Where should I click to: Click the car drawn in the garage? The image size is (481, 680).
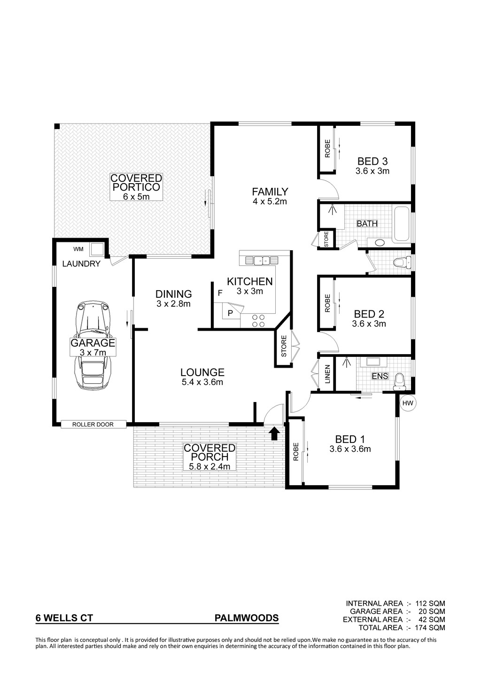93,346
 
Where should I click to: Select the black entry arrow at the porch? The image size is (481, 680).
274,434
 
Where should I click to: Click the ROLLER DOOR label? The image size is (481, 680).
93,425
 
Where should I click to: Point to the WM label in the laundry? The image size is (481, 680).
78,249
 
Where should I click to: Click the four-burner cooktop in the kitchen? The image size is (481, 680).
258,321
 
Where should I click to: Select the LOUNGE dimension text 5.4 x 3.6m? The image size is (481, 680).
202,382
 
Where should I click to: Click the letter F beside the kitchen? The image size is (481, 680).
220,293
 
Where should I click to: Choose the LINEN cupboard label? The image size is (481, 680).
327,374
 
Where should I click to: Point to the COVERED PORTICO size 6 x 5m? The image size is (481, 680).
136,196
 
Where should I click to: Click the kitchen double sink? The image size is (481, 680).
262,261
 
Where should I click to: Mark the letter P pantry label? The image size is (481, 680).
230,313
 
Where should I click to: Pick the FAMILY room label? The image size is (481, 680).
270,192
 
